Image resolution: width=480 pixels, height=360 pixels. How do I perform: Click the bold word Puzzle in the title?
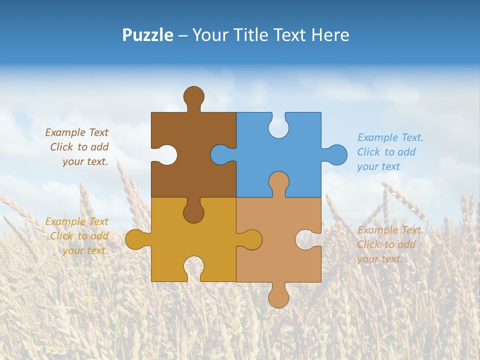(148, 35)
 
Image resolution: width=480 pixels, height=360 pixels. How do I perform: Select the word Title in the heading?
(250, 35)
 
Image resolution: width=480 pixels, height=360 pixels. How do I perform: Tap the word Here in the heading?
(330, 35)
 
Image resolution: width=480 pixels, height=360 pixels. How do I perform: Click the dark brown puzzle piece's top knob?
(194, 96)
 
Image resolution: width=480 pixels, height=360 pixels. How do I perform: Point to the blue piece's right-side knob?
(337, 154)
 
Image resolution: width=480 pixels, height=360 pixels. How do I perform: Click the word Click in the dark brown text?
(62, 147)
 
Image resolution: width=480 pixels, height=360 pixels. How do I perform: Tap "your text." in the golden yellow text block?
(85, 250)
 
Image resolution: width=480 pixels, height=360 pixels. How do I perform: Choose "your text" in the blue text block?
(378, 166)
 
